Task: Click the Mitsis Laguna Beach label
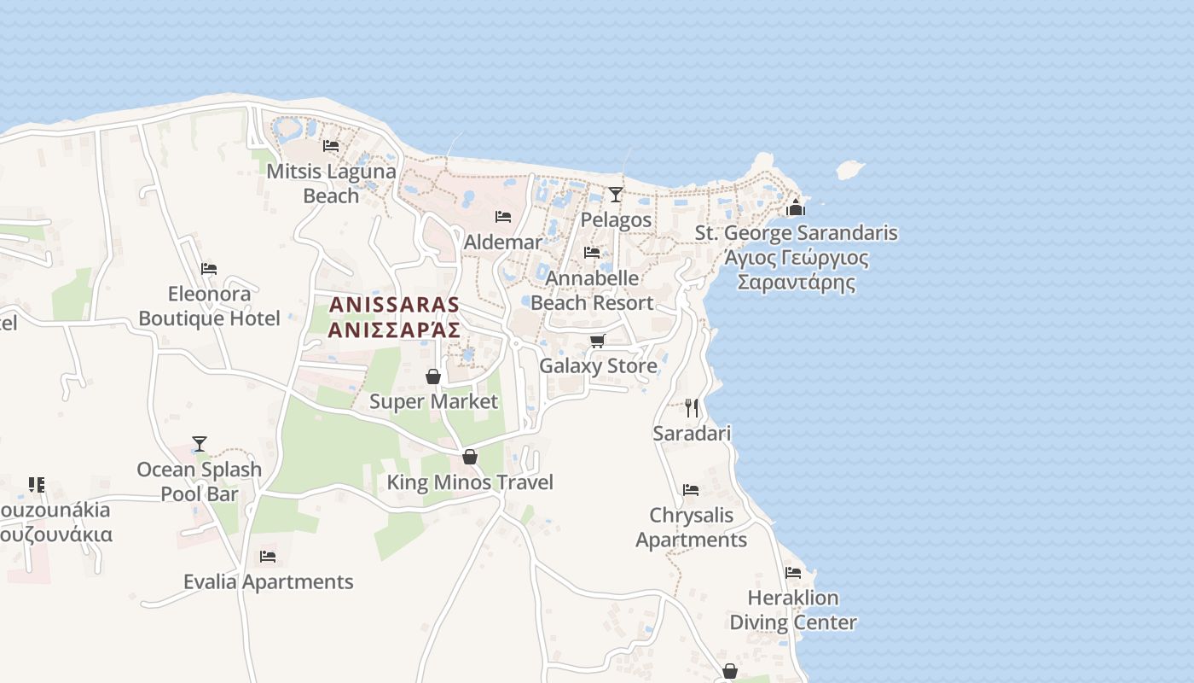click(x=331, y=184)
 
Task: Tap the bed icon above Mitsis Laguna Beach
click(x=331, y=146)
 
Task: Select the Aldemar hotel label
click(x=502, y=242)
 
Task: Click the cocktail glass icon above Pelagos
click(x=616, y=195)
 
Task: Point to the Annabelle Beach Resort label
click(x=592, y=290)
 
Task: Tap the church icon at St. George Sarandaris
click(x=796, y=207)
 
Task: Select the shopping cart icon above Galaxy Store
click(x=598, y=341)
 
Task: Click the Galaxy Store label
click(x=598, y=366)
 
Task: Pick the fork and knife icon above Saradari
click(x=692, y=408)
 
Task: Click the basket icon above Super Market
click(x=433, y=377)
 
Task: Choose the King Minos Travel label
click(x=470, y=482)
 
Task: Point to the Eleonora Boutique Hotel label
click(x=209, y=306)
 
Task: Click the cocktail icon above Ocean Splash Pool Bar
click(x=200, y=444)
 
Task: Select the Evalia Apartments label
click(x=268, y=582)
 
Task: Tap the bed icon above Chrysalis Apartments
click(x=691, y=490)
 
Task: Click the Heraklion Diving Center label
click(x=792, y=610)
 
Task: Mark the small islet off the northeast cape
click(x=849, y=170)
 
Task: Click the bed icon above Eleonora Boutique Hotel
click(x=209, y=269)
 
